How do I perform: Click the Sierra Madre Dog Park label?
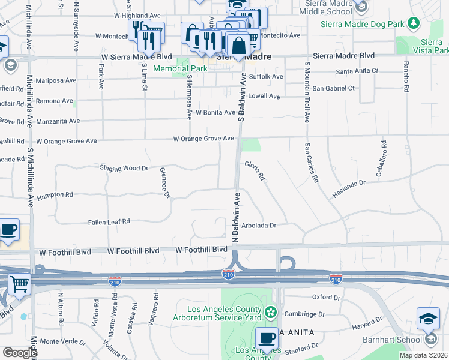tap(363, 23)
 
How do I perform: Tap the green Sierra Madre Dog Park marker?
tap(413, 23)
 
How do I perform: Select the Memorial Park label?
tap(180, 69)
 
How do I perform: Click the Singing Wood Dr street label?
tap(124, 169)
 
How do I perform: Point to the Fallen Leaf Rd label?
tap(109, 221)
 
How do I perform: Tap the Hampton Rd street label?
tap(55, 196)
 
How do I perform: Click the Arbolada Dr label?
tap(259, 226)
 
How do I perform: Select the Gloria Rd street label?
tap(254, 170)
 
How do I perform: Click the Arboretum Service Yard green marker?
tap(271, 312)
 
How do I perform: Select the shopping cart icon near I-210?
tap(19, 284)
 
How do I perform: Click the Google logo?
tap(20, 353)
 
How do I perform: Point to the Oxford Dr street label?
tap(327, 298)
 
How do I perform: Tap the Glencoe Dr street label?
tap(164, 182)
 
